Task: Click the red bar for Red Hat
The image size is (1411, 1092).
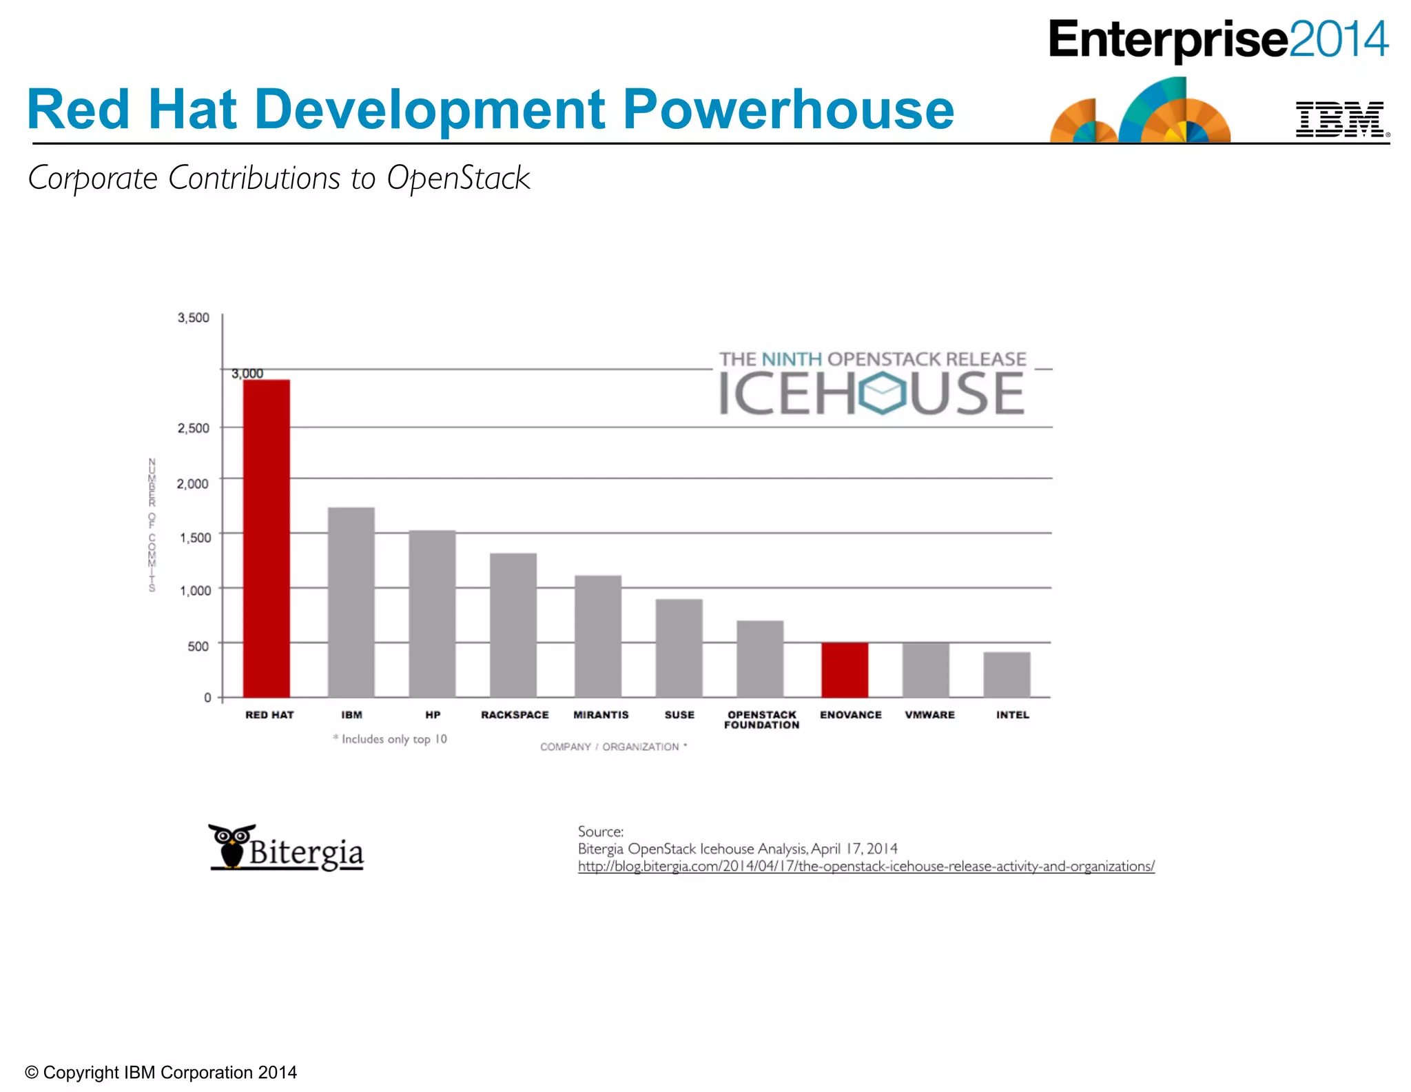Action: click(x=267, y=538)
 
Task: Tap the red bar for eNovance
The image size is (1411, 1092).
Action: click(x=845, y=669)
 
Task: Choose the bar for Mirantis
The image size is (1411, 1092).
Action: click(x=598, y=636)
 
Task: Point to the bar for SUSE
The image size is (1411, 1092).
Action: click(x=679, y=647)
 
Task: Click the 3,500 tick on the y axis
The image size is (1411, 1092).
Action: click(x=194, y=318)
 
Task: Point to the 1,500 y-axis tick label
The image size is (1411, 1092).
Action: click(x=196, y=538)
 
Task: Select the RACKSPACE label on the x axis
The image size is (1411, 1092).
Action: click(x=515, y=715)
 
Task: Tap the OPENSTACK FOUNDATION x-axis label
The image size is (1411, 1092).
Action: click(x=762, y=720)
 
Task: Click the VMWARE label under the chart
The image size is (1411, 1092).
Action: click(x=929, y=715)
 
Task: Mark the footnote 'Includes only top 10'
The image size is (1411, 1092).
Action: click(x=391, y=739)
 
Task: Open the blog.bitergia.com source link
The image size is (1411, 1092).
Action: click(x=866, y=867)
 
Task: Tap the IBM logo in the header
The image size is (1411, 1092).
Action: click(x=1340, y=119)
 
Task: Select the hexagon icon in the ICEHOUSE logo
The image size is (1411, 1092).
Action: click(x=882, y=393)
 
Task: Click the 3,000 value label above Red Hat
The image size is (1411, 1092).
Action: click(x=247, y=374)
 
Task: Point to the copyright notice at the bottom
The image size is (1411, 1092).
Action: click(x=161, y=1072)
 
